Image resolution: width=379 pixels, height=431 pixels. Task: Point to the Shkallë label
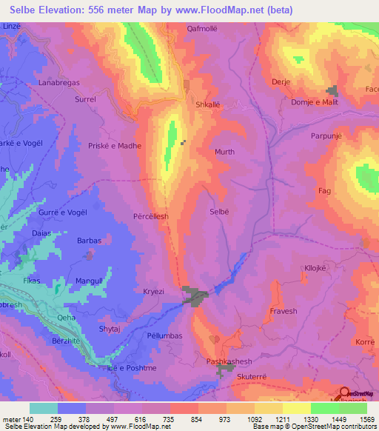coord(208,104)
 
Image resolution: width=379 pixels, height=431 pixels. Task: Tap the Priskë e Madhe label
coord(115,147)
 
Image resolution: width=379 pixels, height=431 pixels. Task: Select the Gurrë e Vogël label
coord(53,213)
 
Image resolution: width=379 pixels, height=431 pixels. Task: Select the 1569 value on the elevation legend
coord(367,419)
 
